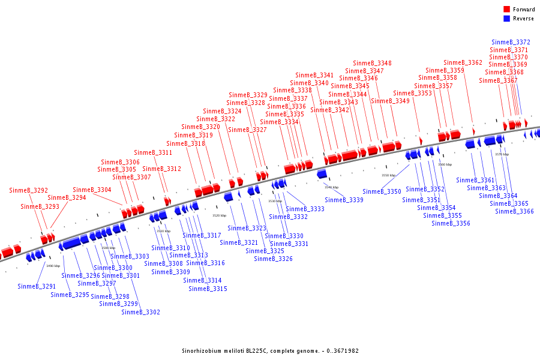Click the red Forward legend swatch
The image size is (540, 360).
pos(506,9)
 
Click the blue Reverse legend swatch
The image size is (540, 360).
pos(506,19)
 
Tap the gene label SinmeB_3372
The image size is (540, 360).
pos(511,42)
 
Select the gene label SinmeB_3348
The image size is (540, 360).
pos(372,63)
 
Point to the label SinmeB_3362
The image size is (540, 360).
pos(463,62)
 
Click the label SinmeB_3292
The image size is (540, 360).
pos(28,190)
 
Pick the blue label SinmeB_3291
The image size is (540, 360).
pos(37,286)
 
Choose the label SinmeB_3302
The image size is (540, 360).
pos(140,312)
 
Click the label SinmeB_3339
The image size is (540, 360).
pos(344,200)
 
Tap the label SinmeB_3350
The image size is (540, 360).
pos(382,191)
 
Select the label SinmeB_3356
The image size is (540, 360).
pos(451,223)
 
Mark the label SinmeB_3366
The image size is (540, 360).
pos(514,211)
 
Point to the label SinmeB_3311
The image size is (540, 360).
pos(153,152)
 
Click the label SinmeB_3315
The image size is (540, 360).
pos(208,289)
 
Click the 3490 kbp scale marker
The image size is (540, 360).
pos(53,266)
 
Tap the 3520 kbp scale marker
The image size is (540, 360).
pos(220,215)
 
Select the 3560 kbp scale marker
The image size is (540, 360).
pos(445,164)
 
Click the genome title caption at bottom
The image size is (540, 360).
pos(270,350)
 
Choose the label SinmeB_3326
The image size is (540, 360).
pos(273,259)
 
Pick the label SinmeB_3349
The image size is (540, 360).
pos(390,101)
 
